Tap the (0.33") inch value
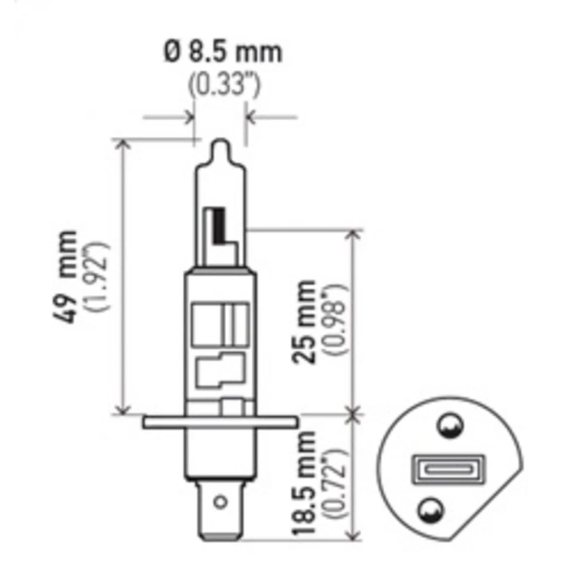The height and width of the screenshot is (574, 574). tap(224, 86)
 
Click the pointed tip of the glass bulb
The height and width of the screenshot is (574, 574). tap(221, 145)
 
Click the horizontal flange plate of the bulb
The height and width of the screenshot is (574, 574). tap(219, 422)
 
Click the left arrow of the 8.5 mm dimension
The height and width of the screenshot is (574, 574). tap(190, 116)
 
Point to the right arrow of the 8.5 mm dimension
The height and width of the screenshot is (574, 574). tap(251, 116)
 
